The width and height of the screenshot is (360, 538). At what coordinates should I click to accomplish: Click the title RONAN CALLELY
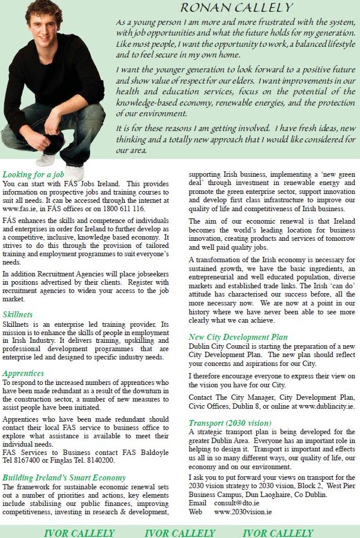(236, 8)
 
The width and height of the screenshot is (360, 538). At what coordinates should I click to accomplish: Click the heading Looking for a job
(33, 175)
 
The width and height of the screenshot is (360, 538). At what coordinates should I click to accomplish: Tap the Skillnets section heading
(18, 314)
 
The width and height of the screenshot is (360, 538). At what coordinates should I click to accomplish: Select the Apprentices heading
(23, 374)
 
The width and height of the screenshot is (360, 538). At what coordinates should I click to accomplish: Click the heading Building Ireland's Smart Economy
(64, 477)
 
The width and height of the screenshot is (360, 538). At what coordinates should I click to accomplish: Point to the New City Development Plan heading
(238, 337)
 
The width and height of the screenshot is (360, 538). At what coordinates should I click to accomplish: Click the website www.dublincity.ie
(326, 406)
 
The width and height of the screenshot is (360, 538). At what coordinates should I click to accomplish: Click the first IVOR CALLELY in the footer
(79, 532)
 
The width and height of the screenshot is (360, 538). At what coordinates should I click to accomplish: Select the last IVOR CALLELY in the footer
(278, 532)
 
